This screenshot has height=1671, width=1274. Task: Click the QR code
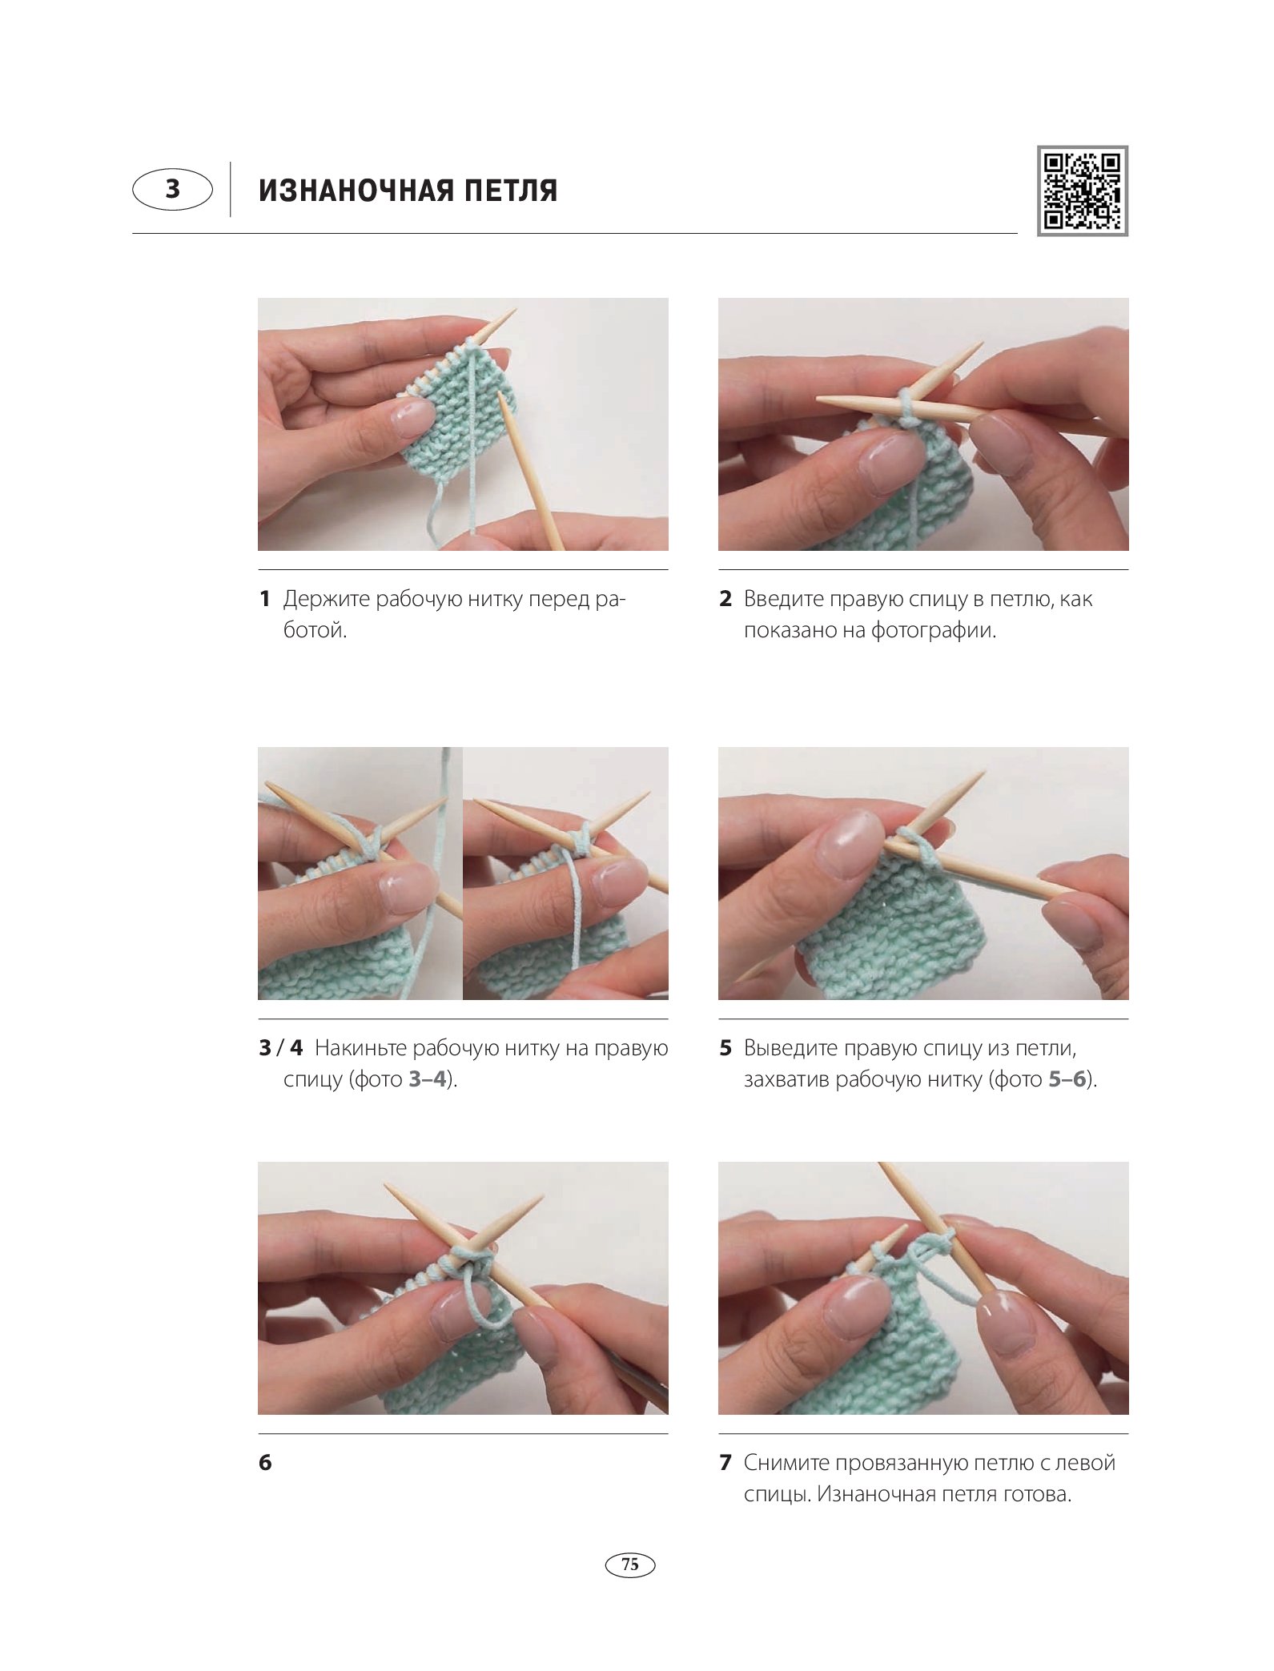coord(1082,191)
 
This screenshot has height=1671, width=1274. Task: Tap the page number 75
coord(630,1564)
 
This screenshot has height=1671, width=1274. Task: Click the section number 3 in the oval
coord(173,189)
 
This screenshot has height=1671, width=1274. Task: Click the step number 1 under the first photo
coord(264,598)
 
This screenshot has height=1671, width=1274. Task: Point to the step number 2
coord(725,598)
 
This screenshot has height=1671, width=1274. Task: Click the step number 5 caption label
coord(725,1047)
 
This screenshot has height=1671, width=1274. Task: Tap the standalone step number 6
coord(265,1462)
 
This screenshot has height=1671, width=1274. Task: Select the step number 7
coord(725,1462)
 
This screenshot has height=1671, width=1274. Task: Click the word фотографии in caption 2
coord(934,631)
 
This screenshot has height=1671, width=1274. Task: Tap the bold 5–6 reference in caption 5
coord(1067,1079)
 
